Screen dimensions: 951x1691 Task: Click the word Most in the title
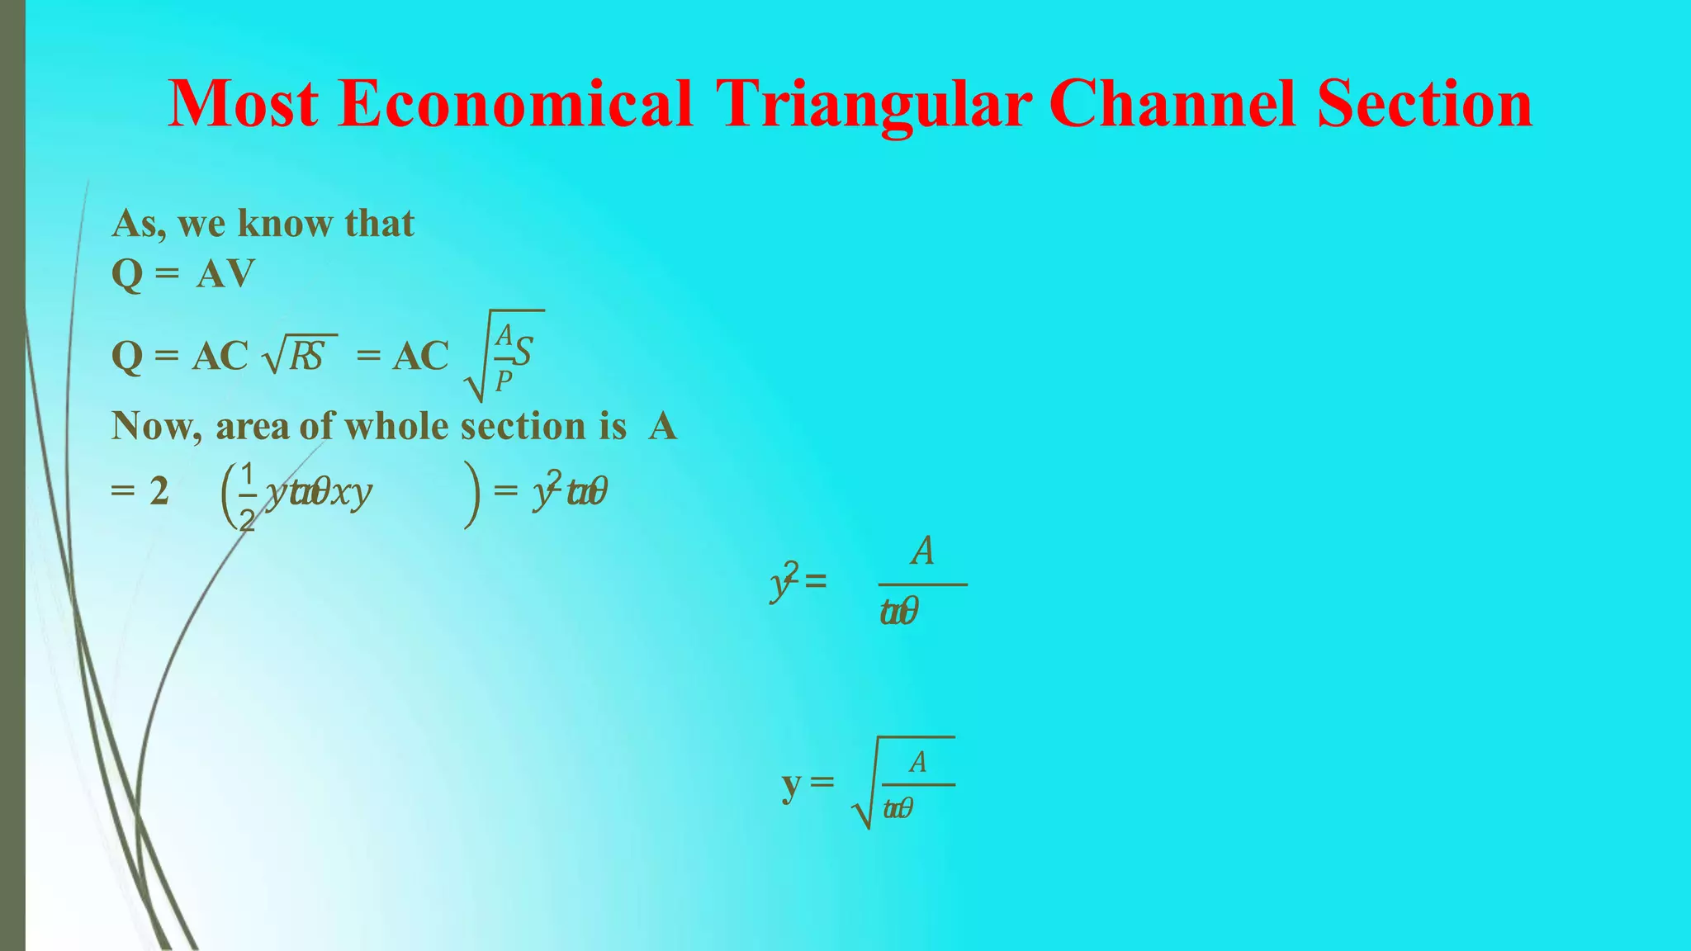(x=243, y=104)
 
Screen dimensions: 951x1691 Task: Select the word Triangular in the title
(x=874, y=106)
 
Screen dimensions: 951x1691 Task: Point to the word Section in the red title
(x=1424, y=104)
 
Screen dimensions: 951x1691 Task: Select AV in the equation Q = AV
(x=225, y=274)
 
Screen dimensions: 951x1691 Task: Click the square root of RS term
(x=299, y=355)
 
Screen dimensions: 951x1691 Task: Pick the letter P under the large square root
(x=503, y=381)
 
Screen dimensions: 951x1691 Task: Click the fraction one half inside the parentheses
(x=246, y=495)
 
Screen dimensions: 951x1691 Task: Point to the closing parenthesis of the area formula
(x=471, y=494)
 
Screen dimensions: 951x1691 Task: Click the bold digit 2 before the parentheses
(x=159, y=492)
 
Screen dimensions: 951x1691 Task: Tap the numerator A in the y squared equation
(x=922, y=551)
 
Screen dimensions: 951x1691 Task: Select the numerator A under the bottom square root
(x=917, y=762)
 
